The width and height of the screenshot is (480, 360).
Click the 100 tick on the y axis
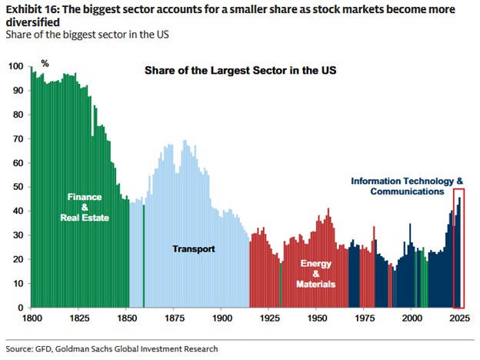point(16,67)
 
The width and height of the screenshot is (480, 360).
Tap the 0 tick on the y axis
point(21,308)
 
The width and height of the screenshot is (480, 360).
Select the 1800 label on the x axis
point(32,317)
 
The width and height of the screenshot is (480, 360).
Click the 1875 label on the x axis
point(175,317)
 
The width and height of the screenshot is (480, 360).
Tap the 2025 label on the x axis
point(458,317)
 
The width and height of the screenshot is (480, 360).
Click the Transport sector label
point(193,249)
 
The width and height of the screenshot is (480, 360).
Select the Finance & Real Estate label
point(85,207)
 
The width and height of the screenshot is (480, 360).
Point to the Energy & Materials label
point(316,274)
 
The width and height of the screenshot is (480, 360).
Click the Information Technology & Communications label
point(407,185)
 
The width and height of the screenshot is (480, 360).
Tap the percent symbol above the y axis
point(45,63)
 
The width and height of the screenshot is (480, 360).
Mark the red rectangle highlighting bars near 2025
point(458,248)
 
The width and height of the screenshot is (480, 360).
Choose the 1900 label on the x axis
point(222,317)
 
